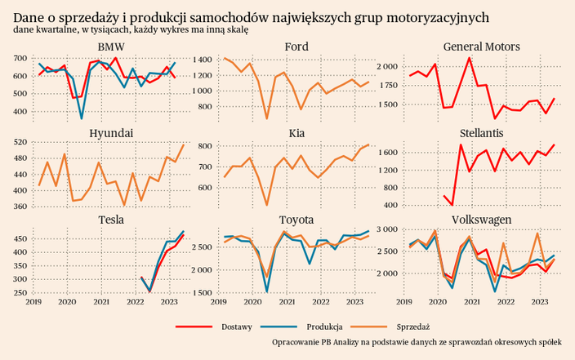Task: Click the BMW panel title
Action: click(111, 47)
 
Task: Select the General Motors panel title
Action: click(481, 47)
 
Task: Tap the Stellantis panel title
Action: click(481, 132)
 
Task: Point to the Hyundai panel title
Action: click(111, 133)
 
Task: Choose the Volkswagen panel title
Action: click(481, 220)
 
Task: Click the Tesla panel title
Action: click(111, 220)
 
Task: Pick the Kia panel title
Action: click(296, 133)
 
